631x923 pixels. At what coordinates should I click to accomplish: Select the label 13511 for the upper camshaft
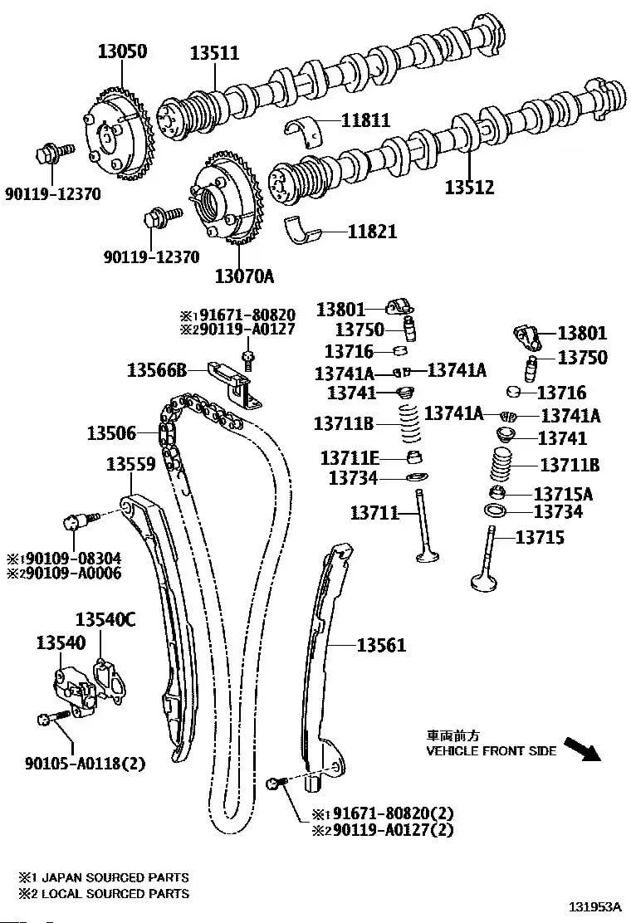click(x=214, y=53)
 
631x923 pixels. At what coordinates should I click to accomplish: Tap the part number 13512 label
click(x=468, y=188)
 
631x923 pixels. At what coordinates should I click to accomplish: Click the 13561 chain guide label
click(x=381, y=644)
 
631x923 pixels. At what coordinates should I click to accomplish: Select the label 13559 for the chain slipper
click(x=131, y=465)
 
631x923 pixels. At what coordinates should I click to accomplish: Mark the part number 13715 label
click(x=539, y=537)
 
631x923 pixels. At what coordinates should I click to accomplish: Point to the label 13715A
click(x=563, y=494)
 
